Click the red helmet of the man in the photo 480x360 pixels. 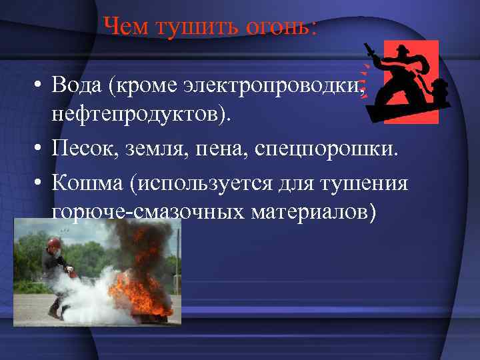pyautogui.click(x=53, y=241)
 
